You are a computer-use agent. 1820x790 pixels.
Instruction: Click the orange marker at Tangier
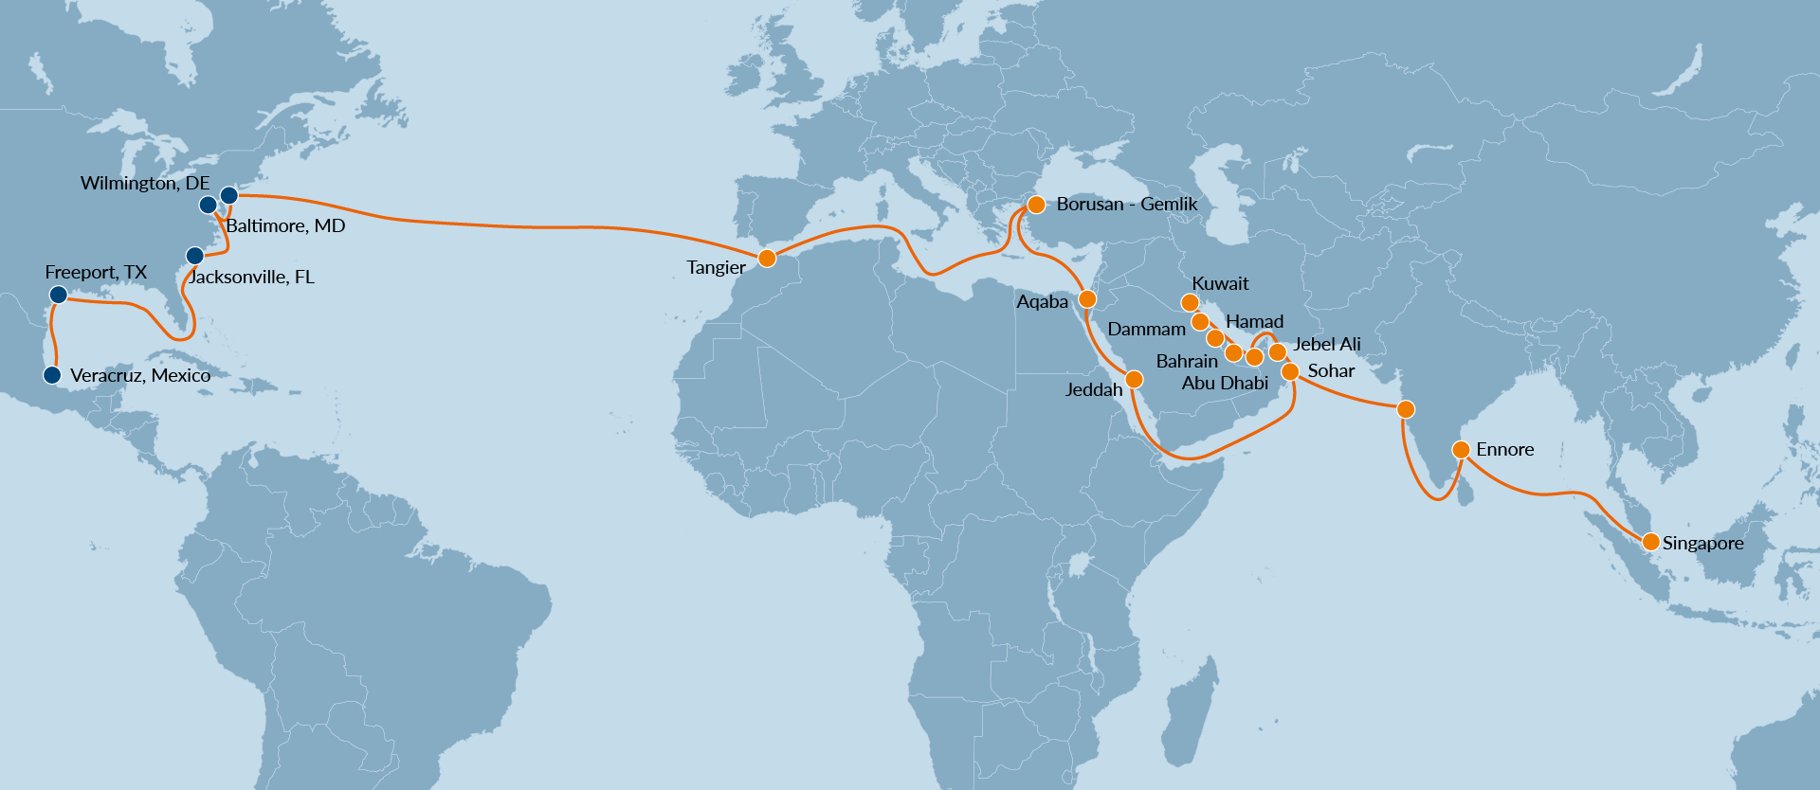click(x=768, y=258)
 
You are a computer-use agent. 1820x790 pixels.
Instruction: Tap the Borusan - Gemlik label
click(x=1126, y=204)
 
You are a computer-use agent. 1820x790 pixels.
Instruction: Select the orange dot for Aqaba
click(x=1087, y=299)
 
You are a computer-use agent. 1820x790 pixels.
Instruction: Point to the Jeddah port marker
click(x=1134, y=380)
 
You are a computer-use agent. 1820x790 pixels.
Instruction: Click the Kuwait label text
click(x=1220, y=283)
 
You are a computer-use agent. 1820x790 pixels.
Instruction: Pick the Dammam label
click(x=1146, y=329)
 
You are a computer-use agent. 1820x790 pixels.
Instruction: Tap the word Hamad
click(x=1254, y=321)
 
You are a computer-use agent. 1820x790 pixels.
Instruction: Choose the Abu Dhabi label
click(x=1225, y=383)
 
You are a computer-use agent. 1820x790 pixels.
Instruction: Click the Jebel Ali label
click(x=1326, y=344)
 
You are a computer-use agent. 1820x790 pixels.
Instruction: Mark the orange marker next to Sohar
click(x=1290, y=371)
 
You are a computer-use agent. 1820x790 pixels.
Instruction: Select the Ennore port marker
click(x=1461, y=449)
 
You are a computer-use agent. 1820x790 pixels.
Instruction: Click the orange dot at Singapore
click(x=1650, y=542)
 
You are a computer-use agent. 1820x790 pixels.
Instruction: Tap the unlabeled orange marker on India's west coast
click(x=1406, y=409)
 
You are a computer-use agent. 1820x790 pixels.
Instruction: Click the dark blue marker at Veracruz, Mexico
click(x=52, y=375)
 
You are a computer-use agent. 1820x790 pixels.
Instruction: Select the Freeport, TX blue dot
click(x=58, y=295)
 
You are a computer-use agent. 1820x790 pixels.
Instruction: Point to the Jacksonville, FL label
click(x=251, y=277)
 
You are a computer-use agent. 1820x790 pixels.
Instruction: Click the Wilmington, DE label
click(x=145, y=183)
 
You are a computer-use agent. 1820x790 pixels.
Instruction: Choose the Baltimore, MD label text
click(x=285, y=225)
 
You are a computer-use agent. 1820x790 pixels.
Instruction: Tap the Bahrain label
click(x=1187, y=361)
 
